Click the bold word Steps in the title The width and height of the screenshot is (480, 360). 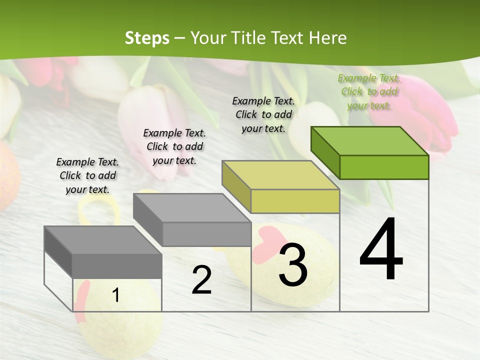click(147, 38)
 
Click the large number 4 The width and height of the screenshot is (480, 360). click(381, 249)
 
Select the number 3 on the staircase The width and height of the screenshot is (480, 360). click(293, 265)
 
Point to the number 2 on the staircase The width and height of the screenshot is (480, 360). click(201, 280)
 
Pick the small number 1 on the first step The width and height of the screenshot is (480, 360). click(116, 295)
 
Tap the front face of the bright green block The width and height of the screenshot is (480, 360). click(384, 167)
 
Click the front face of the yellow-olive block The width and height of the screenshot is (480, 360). click(295, 201)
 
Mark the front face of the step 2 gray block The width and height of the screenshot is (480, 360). click(206, 234)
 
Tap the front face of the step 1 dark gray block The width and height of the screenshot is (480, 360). click(117, 266)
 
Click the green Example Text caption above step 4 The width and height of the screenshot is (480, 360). click(369, 91)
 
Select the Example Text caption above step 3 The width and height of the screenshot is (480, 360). click(263, 114)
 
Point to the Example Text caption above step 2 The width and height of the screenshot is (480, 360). click(174, 146)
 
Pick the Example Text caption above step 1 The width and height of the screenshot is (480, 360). click(87, 175)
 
